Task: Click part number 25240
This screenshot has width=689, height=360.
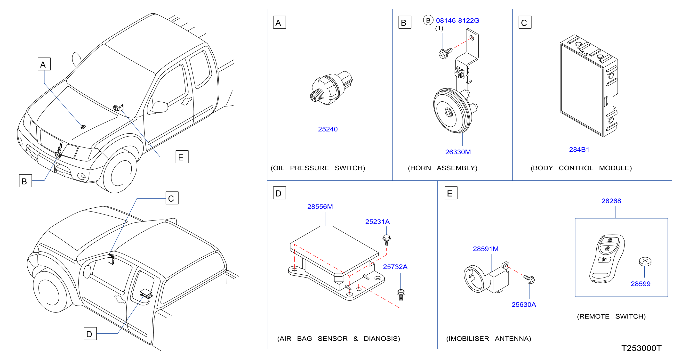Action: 328,129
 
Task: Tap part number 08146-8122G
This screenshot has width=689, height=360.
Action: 457,21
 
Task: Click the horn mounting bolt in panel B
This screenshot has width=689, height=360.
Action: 445,53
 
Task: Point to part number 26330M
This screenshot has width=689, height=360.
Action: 458,152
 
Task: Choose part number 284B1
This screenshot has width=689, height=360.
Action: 579,150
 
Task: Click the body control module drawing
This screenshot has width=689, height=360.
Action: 589,86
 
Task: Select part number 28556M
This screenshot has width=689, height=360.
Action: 320,207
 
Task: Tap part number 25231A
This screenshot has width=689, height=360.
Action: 377,222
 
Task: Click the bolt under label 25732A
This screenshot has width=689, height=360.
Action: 401,295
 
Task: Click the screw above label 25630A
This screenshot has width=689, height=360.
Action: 529,279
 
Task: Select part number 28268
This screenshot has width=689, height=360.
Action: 611,201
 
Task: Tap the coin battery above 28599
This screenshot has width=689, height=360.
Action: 645,262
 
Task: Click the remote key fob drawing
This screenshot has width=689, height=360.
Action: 607,259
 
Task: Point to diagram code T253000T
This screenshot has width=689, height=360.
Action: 641,348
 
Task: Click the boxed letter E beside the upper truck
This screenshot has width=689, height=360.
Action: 182,157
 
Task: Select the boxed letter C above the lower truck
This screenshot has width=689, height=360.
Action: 172,198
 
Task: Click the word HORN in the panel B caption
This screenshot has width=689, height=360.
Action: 420,168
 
